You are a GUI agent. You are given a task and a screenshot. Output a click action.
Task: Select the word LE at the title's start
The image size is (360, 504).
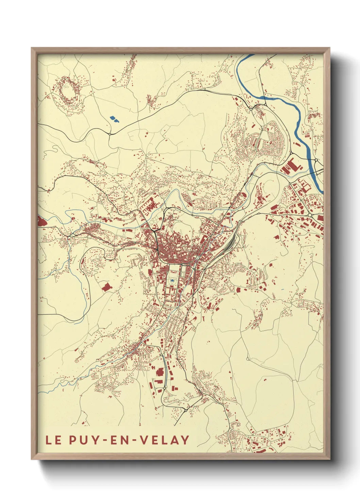(x=53, y=440)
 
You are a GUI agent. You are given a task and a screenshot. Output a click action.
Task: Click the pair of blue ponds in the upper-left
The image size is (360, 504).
(x=114, y=119)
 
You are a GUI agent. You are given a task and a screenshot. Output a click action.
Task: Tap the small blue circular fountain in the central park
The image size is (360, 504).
(x=173, y=281)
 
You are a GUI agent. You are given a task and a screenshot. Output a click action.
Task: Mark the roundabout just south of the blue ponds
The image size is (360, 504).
(x=110, y=134)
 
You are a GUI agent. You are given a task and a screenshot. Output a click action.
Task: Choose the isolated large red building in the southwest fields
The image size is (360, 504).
(x=107, y=287)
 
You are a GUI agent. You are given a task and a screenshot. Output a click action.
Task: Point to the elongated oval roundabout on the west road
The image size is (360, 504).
(x=72, y=235)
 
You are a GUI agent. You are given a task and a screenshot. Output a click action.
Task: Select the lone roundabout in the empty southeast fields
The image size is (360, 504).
(x=247, y=359)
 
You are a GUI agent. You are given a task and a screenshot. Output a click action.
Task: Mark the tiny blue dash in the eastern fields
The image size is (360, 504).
(x=282, y=290)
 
